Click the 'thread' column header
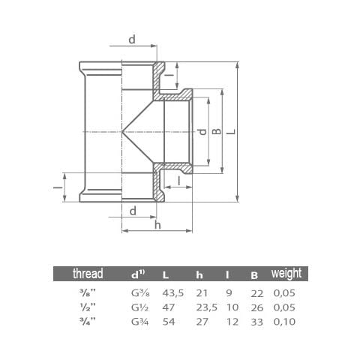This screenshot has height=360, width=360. pyautogui.click(x=88, y=274)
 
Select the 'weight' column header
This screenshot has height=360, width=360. pyautogui.click(x=286, y=274)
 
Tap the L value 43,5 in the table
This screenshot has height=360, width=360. pyautogui.click(x=173, y=293)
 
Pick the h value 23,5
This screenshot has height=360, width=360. pyautogui.click(x=206, y=307)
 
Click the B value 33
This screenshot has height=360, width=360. pyautogui.click(x=257, y=322)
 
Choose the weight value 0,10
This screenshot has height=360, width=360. pyautogui.click(x=284, y=322)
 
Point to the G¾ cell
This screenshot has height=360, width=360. pyautogui.click(x=140, y=322)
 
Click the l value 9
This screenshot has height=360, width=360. pyautogui.click(x=229, y=293)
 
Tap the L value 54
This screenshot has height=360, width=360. pyautogui.click(x=169, y=322)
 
